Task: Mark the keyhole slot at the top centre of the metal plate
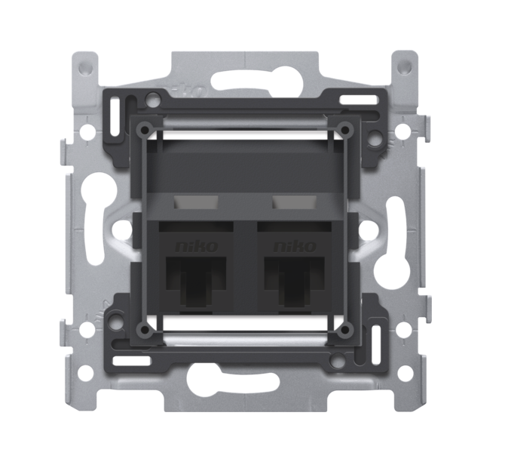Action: (243, 79)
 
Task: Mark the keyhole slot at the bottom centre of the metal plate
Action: (243, 374)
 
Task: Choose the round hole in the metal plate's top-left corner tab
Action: (85, 66)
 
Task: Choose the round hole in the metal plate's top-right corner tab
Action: (404, 66)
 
